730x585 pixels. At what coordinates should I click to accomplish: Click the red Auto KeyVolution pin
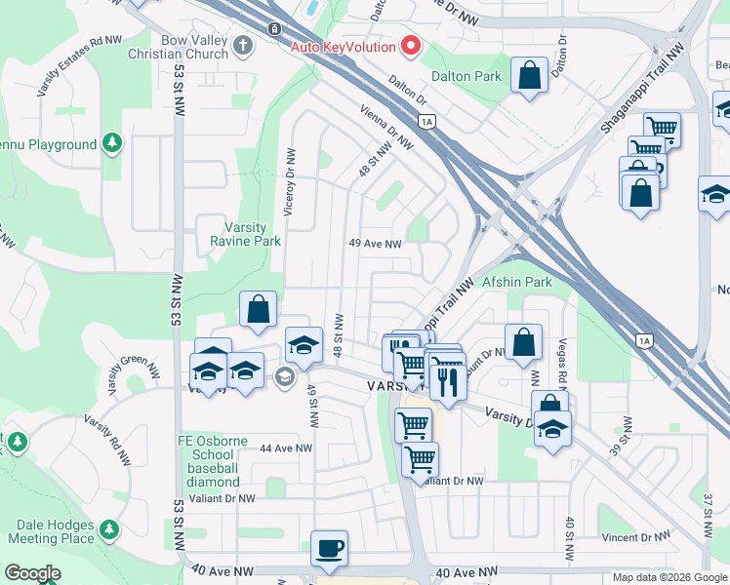(x=411, y=46)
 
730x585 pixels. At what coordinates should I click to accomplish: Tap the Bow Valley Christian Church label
(x=182, y=46)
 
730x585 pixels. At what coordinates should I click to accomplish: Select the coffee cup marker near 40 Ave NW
(x=329, y=547)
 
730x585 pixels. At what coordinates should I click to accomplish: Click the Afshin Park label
(x=517, y=282)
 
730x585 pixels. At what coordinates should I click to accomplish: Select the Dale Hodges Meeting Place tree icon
(x=110, y=529)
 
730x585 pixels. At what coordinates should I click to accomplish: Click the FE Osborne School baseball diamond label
(x=209, y=461)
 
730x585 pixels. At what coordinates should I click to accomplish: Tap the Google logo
(x=33, y=573)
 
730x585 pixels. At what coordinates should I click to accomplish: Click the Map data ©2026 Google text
(x=669, y=577)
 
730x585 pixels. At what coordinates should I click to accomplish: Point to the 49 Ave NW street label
(x=376, y=245)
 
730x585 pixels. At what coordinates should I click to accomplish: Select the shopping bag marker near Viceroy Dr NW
(x=259, y=310)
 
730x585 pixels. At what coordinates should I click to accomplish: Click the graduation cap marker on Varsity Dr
(x=553, y=428)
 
